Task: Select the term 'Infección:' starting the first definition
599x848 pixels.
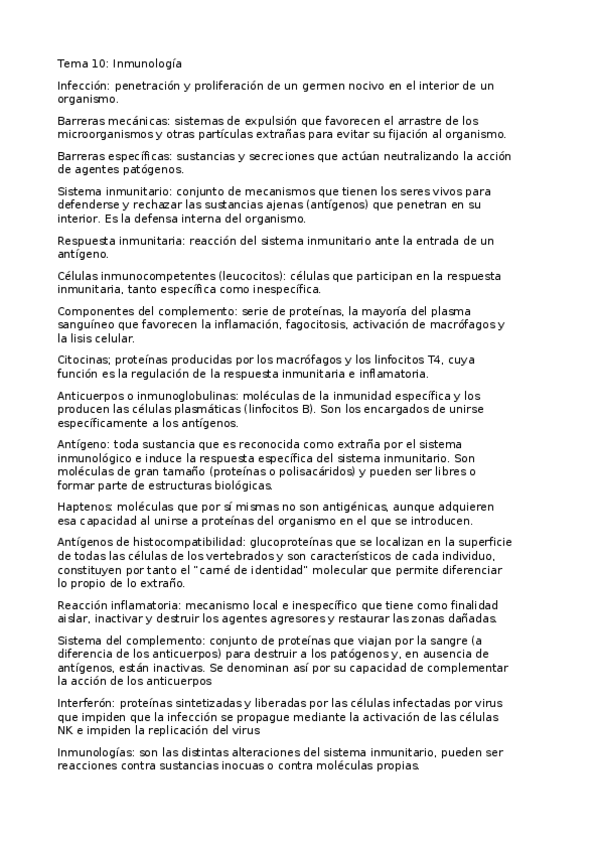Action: pyautogui.click(x=85, y=88)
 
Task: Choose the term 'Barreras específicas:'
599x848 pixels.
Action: pyautogui.click(x=114, y=157)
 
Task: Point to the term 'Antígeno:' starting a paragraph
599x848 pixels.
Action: pyautogui.click(x=85, y=444)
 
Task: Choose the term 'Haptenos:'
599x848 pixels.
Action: pyautogui.click(x=87, y=507)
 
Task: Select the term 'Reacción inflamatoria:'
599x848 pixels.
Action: pyautogui.click(x=119, y=605)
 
